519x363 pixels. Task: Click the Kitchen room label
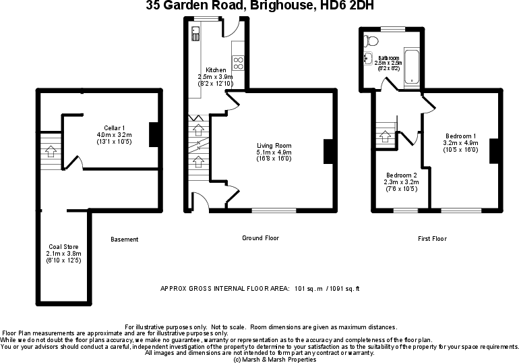(x=216, y=70)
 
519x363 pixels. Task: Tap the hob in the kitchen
(x=238, y=63)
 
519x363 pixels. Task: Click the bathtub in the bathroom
(x=411, y=68)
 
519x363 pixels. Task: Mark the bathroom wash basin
(x=367, y=58)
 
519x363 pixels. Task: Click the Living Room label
(x=274, y=146)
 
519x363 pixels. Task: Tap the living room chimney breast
(x=329, y=151)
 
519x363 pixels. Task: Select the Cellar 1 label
(x=114, y=128)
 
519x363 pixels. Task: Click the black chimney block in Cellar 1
(x=153, y=134)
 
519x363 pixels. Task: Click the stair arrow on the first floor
(x=386, y=134)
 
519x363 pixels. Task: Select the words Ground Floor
(x=260, y=238)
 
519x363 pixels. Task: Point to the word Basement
(x=125, y=240)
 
